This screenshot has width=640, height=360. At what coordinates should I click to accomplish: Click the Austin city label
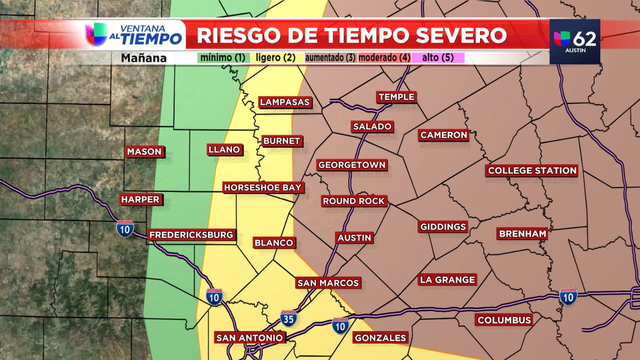(354, 237)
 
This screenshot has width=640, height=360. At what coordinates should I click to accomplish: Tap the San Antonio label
(250, 337)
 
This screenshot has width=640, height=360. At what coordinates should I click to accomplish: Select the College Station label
(532, 170)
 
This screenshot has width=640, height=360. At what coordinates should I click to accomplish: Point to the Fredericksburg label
(191, 234)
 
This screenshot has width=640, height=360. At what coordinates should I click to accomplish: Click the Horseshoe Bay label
(263, 187)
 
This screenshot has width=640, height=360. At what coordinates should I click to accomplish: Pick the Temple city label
(396, 97)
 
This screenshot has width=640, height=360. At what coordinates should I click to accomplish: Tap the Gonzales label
(380, 337)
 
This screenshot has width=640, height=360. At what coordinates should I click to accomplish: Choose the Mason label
(144, 151)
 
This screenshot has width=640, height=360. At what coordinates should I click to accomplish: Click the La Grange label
(448, 279)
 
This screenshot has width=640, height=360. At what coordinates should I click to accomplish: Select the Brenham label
(522, 233)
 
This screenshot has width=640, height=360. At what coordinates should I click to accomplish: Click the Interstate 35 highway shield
(288, 318)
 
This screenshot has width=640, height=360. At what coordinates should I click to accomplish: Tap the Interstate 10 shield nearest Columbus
(568, 296)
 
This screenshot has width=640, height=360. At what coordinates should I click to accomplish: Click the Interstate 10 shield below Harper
(125, 228)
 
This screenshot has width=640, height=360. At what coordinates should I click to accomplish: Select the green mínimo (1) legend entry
(223, 57)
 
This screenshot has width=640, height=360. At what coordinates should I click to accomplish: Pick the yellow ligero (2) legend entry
(275, 57)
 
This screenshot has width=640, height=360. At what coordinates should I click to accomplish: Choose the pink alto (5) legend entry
(437, 57)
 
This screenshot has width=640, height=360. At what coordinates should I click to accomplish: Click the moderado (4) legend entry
(384, 57)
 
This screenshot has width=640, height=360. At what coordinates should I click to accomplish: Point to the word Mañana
(143, 58)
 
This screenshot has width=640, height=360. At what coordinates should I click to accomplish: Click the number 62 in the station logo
(584, 38)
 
